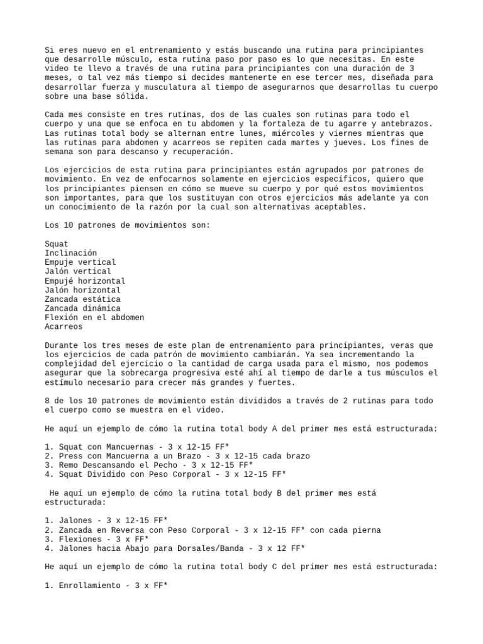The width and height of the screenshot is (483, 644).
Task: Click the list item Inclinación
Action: (x=70, y=253)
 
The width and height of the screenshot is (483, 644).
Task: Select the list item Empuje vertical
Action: (x=80, y=262)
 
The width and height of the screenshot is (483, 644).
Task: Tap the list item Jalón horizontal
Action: (x=82, y=290)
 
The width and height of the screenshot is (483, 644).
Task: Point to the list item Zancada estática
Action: (x=82, y=299)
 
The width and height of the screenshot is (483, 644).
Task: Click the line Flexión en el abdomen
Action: (x=94, y=318)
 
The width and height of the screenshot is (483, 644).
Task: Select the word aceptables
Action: (x=341, y=207)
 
